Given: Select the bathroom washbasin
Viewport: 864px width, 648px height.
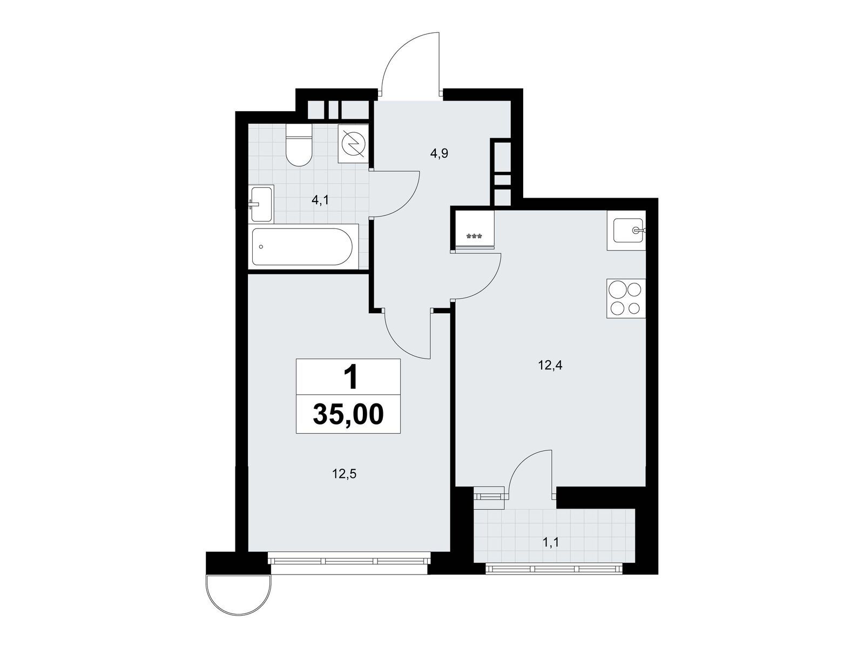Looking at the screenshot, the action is click(261, 204).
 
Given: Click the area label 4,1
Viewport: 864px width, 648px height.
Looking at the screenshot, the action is click(320, 200).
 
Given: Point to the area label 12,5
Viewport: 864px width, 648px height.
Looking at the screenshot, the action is click(345, 474).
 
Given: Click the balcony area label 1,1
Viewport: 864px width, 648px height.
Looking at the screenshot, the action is click(551, 543).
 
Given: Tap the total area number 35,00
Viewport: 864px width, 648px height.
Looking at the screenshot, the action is click(348, 414).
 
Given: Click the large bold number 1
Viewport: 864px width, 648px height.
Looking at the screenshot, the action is click(350, 376).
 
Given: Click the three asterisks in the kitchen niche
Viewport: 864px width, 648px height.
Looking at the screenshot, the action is click(474, 237).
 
